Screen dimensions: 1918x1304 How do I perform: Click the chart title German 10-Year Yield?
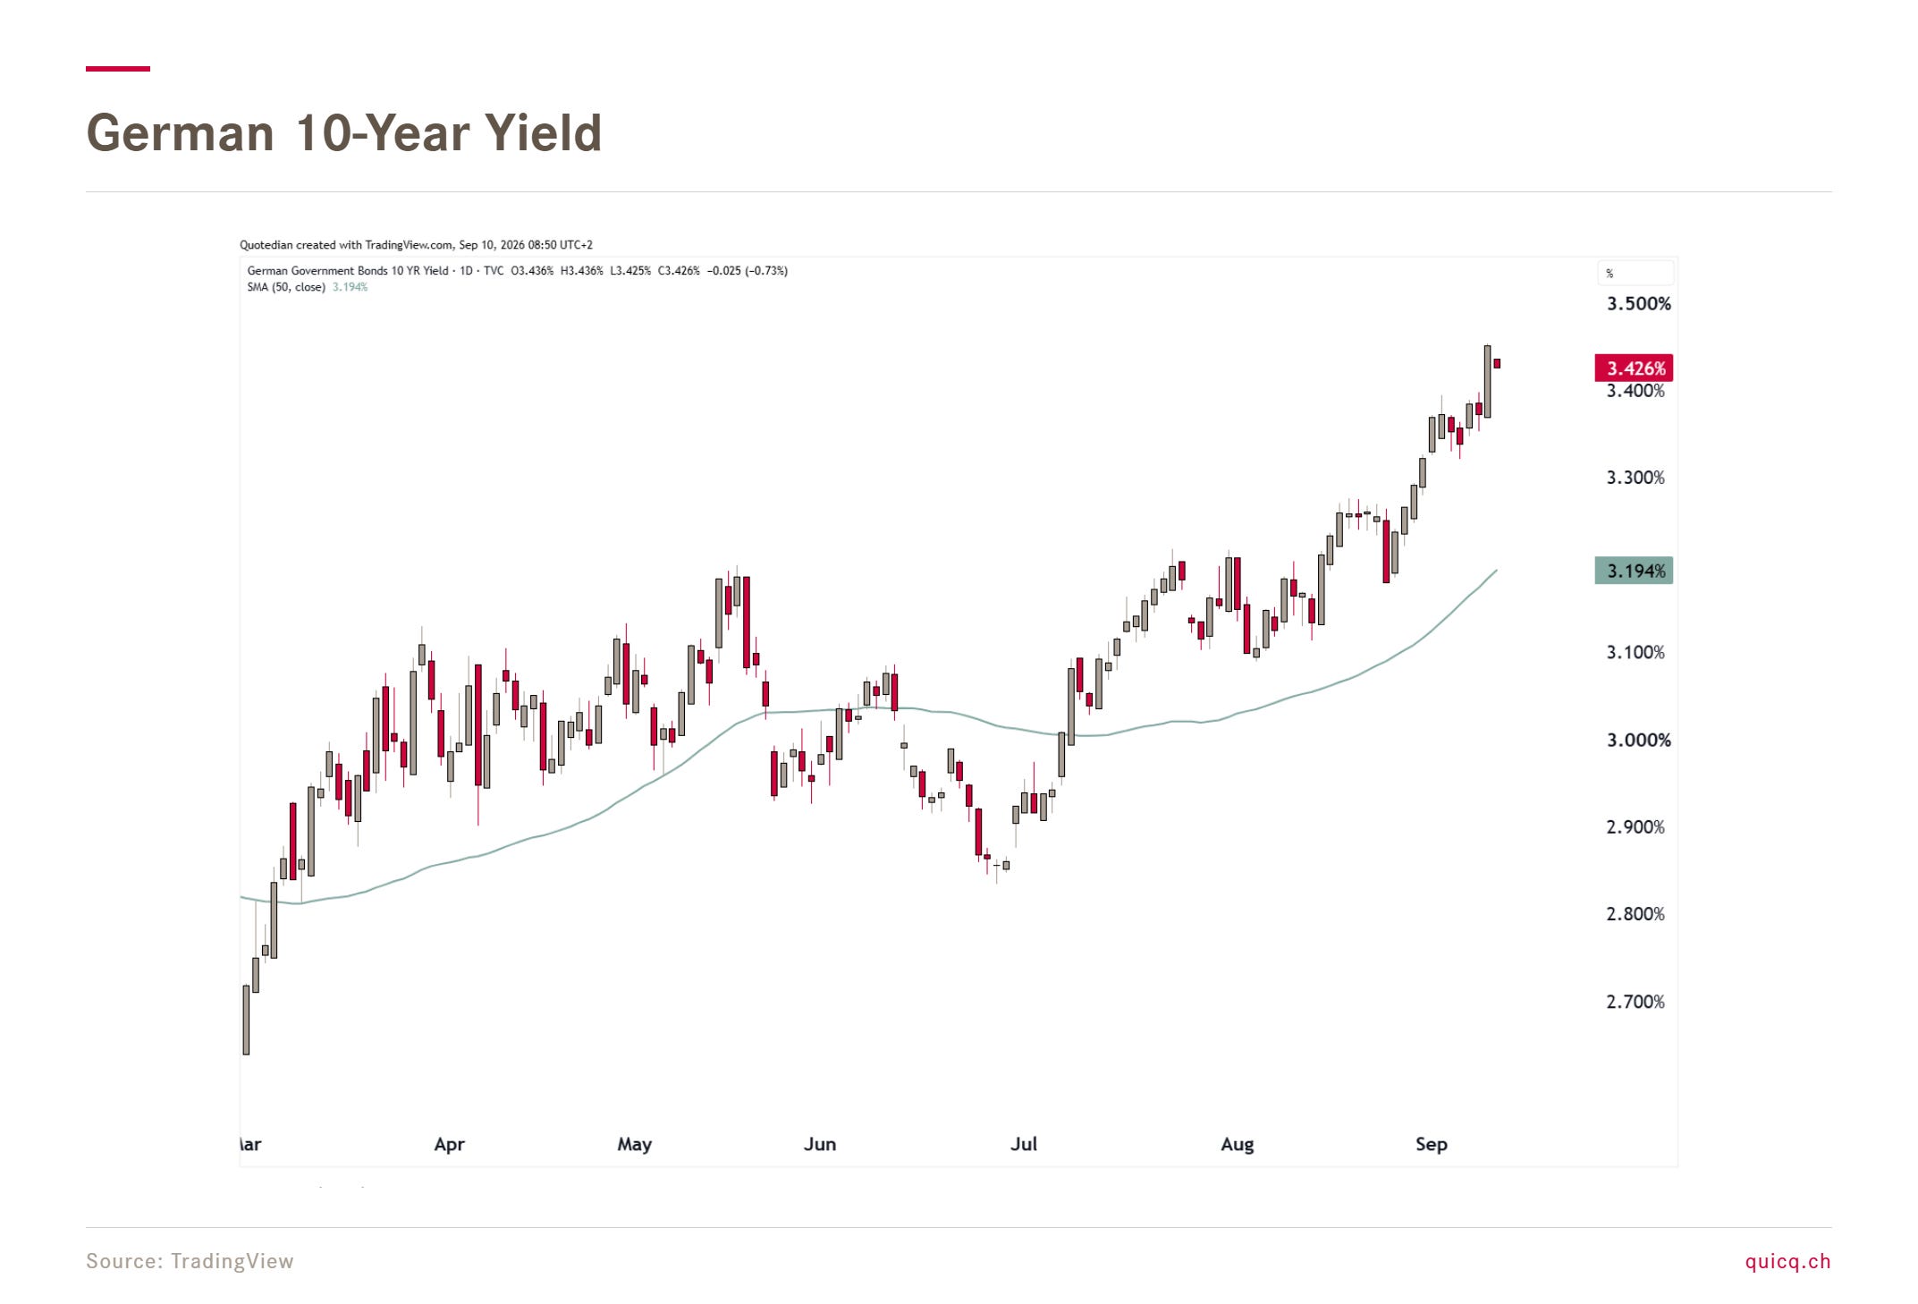pyautogui.click(x=344, y=133)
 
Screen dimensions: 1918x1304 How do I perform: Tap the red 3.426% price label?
pyautogui.click(x=1634, y=368)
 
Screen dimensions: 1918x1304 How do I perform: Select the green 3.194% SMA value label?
pyautogui.click(x=1634, y=571)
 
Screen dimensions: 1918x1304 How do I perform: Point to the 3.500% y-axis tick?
pyautogui.click(x=1638, y=304)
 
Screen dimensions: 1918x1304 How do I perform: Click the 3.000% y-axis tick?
pyautogui.click(x=1638, y=741)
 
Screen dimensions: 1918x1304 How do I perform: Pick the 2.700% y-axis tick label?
pyautogui.click(x=1635, y=1002)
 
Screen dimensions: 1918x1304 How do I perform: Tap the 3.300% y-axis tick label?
pyautogui.click(x=1635, y=478)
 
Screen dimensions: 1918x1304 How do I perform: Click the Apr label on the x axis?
pyautogui.click(x=449, y=1145)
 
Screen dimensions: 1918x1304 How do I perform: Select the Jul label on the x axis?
pyautogui.click(x=1024, y=1144)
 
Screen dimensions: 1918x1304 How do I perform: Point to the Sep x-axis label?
pyautogui.click(x=1431, y=1145)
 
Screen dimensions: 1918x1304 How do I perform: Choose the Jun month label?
pyautogui.click(x=820, y=1144)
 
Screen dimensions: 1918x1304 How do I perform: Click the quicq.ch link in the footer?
pyautogui.click(x=1787, y=1261)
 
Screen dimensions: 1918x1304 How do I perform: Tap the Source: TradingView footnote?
pyautogui.click(x=190, y=1261)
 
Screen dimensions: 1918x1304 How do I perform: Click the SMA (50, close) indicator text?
pyautogui.click(x=286, y=287)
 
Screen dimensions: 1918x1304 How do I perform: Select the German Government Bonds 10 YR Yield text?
pyautogui.click(x=348, y=271)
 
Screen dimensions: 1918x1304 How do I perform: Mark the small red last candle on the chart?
pyautogui.click(x=1497, y=363)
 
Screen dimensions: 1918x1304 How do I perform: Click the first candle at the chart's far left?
pyautogui.click(x=246, y=1020)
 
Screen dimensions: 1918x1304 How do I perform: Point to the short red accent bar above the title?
pyautogui.click(x=118, y=69)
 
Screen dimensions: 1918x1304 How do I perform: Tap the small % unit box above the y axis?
pyautogui.click(x=1635, y=273)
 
